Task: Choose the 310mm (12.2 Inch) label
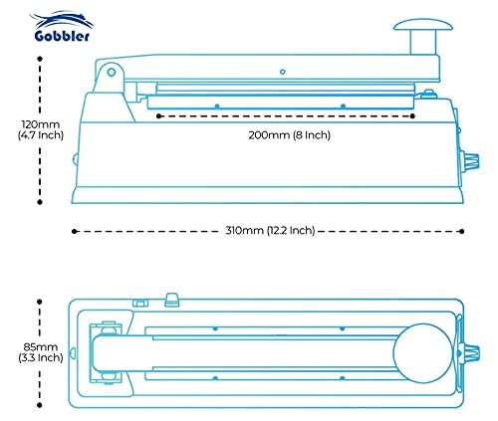269,230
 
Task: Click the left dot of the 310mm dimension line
74,231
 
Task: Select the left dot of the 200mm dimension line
159,116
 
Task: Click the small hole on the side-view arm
283,71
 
